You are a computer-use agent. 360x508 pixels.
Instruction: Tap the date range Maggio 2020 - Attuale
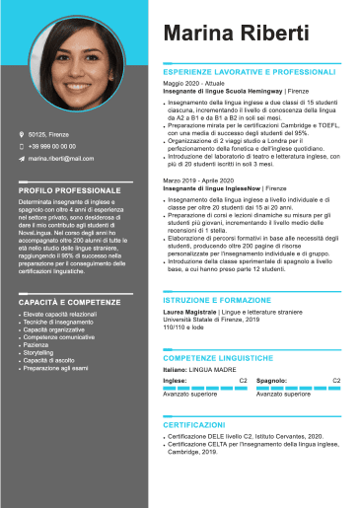(194, 84)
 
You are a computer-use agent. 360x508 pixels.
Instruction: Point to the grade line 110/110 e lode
(185, 326)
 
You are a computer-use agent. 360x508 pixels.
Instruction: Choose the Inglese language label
(175, 380)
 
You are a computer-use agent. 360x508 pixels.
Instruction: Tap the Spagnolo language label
(271, 380)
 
